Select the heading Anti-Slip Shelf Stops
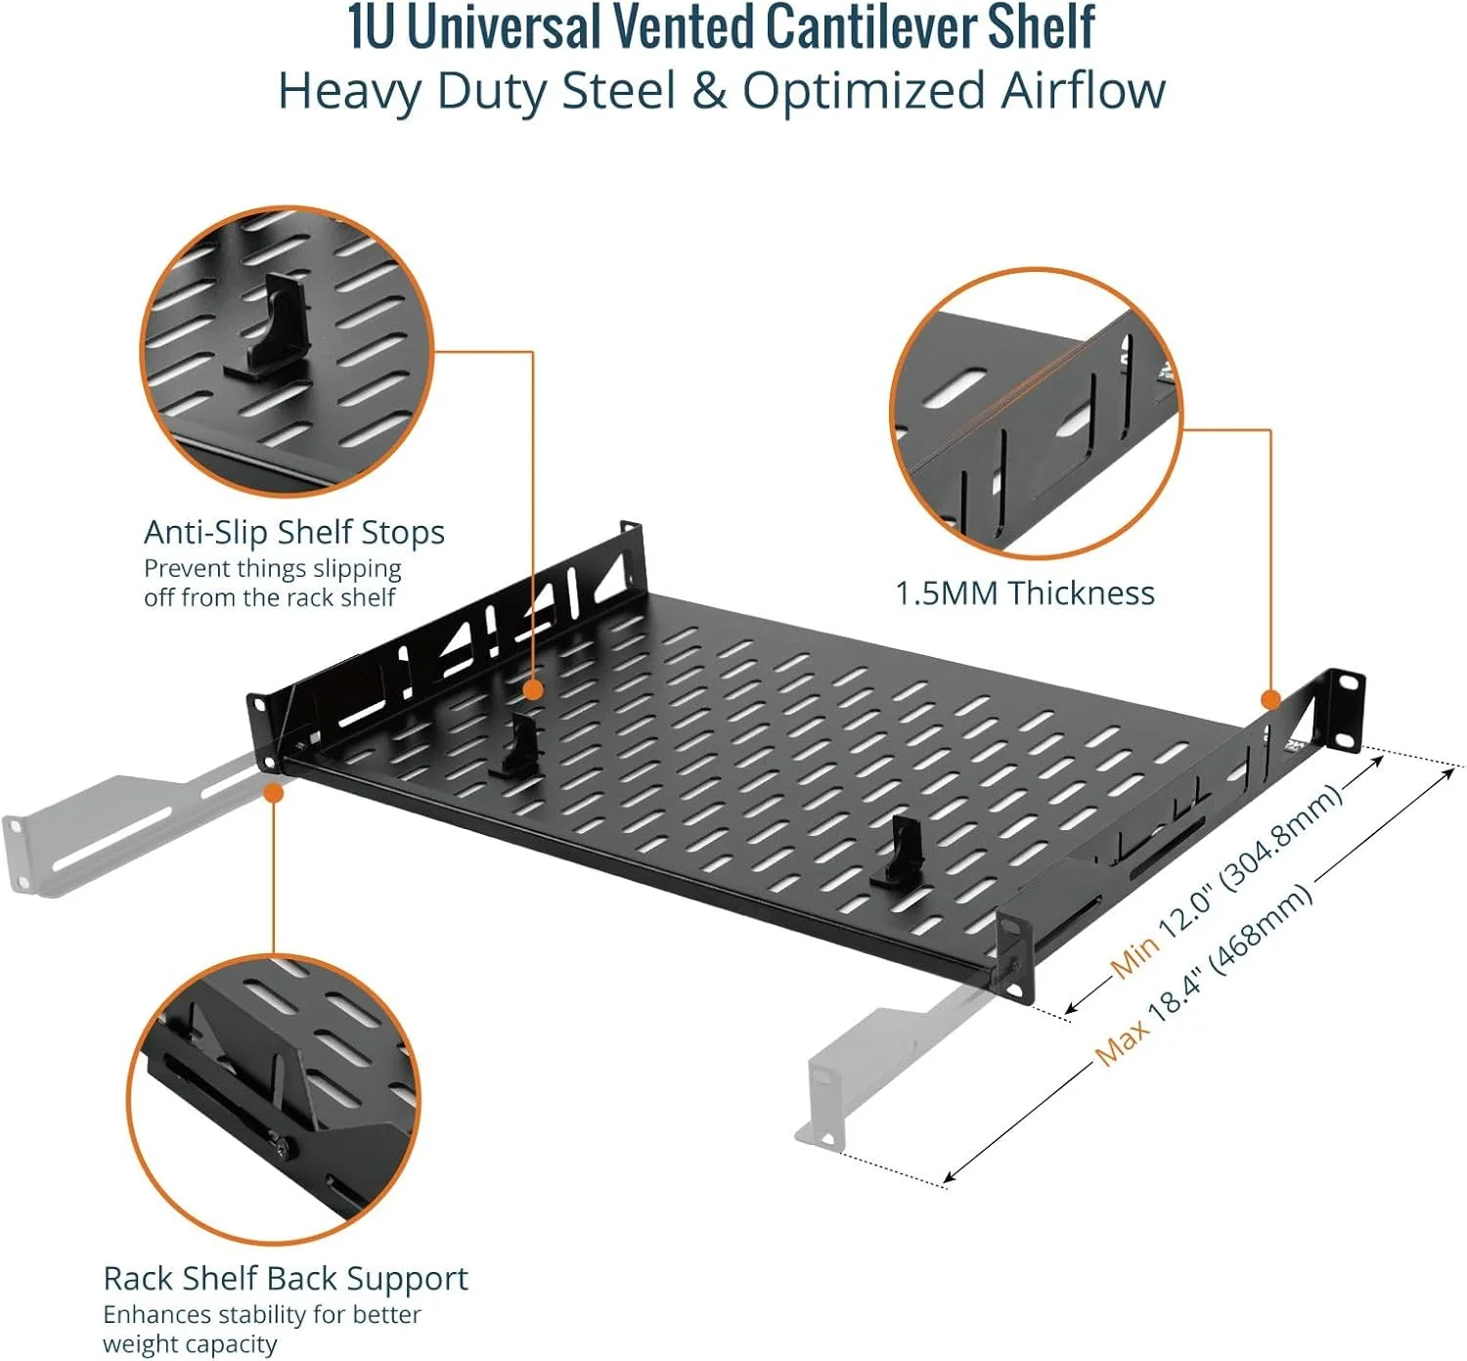click(294, 533)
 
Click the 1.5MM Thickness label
click(1025, 593)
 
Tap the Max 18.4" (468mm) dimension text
click(1205, 973)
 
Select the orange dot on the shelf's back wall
click(533, 690)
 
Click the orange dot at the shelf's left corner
click(274, 793)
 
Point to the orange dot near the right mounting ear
click(1270, 699)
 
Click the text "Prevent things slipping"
click(273, 569)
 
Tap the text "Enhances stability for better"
click(262, 1314)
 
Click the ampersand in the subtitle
click(710, 92)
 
